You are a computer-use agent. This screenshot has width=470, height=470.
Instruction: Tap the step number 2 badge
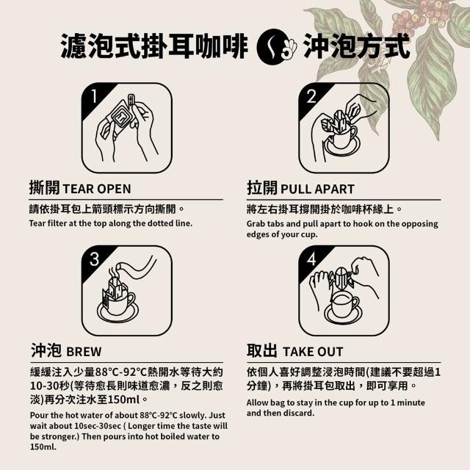click(x=311, y=96)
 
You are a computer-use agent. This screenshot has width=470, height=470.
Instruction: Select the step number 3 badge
click(x=95, y=259)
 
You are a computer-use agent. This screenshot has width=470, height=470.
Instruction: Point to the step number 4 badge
click(x=311, y=259)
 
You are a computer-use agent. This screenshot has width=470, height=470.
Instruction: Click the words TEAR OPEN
click(x=97, y=189)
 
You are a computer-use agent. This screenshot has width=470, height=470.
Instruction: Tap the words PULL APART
click(x=317, y=189)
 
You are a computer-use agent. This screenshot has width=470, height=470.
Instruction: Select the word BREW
click(x=84, y=352)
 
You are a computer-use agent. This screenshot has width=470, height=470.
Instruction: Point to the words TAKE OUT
click(x=313, y=352)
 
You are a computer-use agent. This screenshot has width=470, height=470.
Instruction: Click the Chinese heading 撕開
click(x=44, y=188)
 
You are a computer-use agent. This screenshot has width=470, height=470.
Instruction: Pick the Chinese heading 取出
click(x=261, y=350)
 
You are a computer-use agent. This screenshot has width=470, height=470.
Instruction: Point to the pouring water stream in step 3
click(x=137, y=268)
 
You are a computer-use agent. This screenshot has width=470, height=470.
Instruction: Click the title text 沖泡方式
click(x=357, y=46)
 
